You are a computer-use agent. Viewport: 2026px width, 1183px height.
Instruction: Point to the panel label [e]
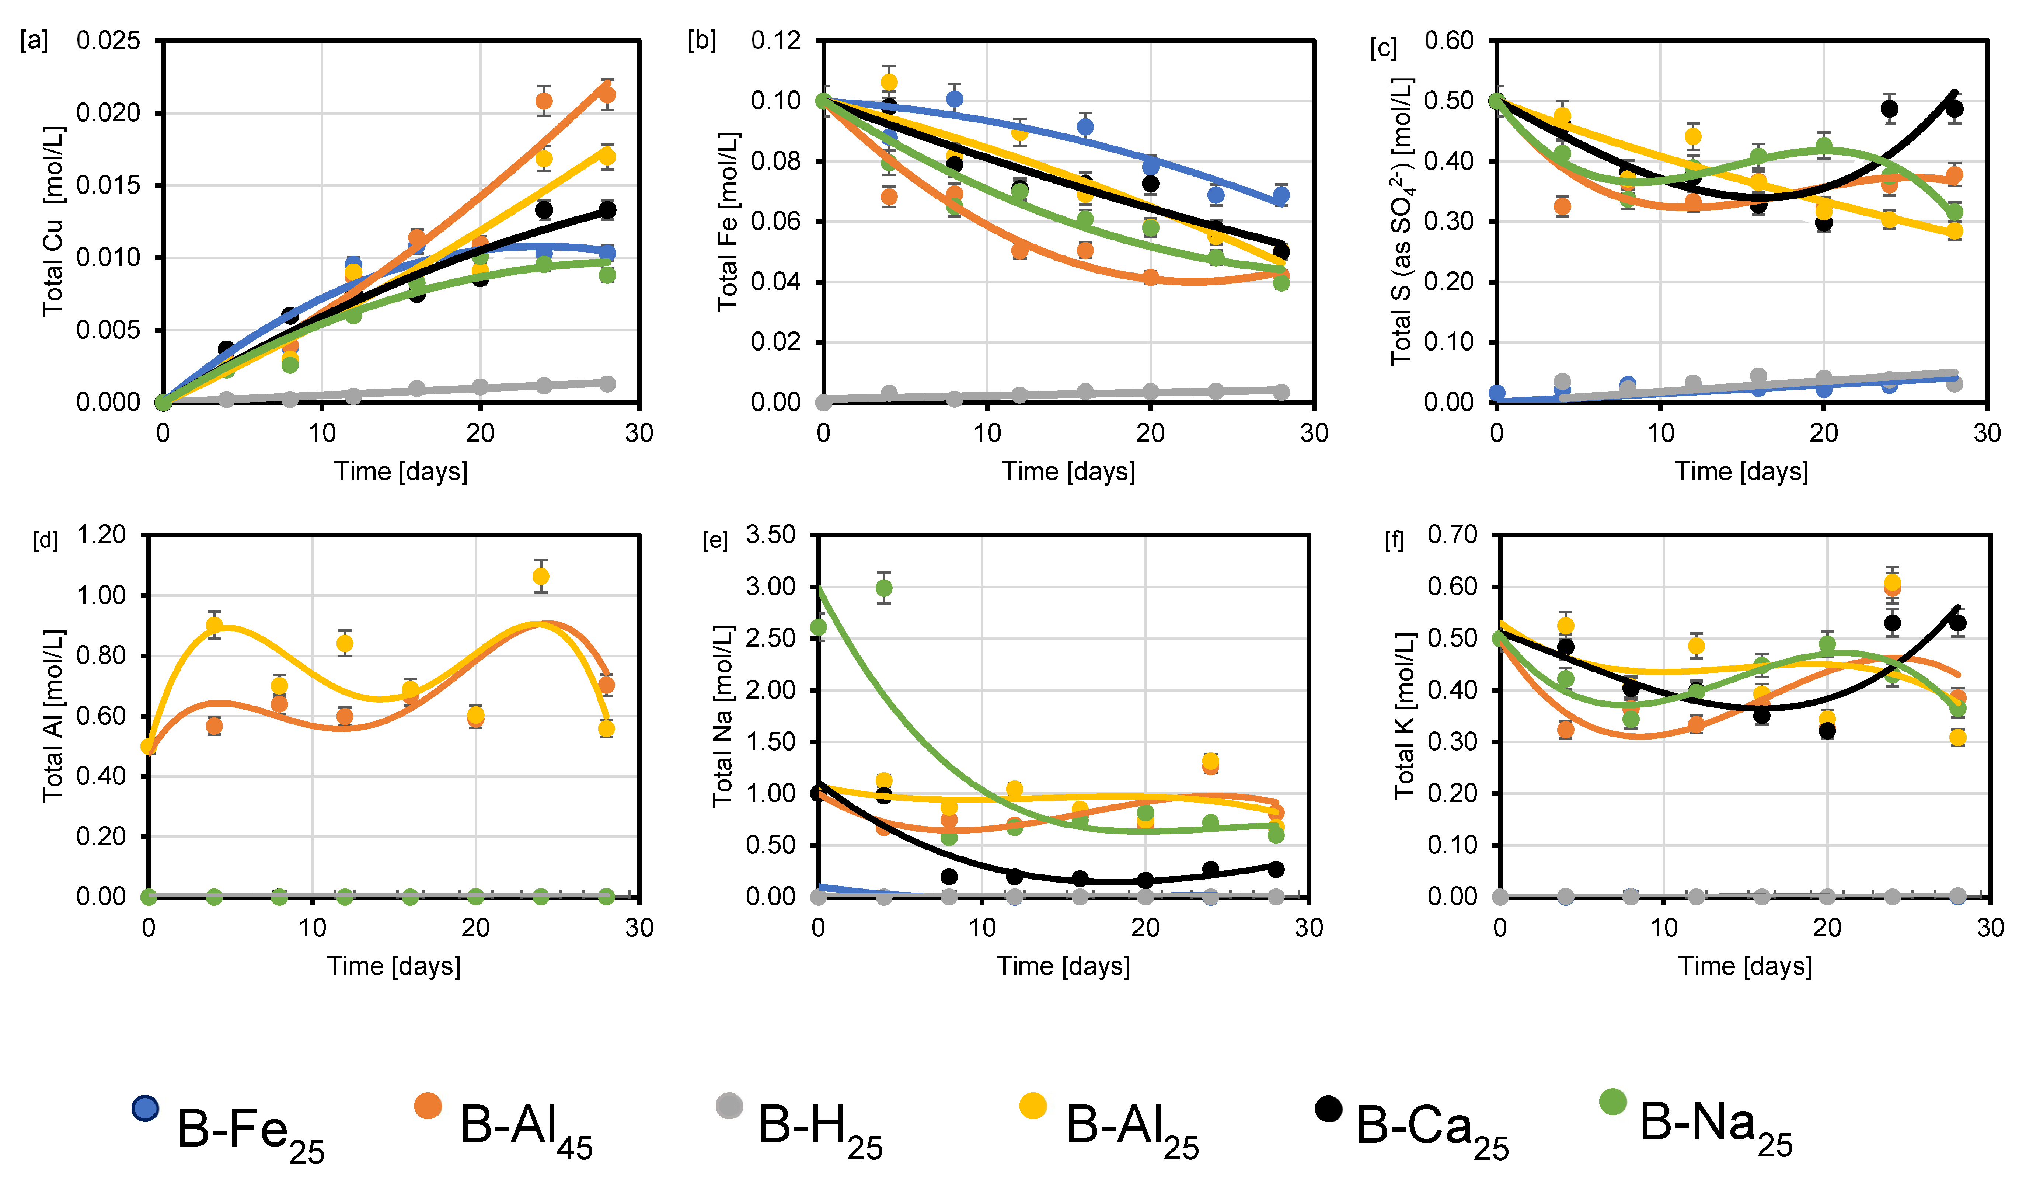click(715, 540)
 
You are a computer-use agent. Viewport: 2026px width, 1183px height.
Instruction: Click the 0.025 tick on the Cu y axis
click(108, 40)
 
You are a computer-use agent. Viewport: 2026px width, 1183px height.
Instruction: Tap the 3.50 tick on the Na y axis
click(770, 535)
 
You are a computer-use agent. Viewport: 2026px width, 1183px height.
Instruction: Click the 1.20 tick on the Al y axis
click(101, 535)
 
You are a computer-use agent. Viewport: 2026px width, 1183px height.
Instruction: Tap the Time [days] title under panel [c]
click(1741, 471)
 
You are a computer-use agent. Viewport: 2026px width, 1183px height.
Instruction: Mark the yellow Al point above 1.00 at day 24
click(541, 577)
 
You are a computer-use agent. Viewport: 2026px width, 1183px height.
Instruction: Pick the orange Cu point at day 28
click(607, 95)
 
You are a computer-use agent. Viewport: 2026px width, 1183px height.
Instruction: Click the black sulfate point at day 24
click(1889, 109)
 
